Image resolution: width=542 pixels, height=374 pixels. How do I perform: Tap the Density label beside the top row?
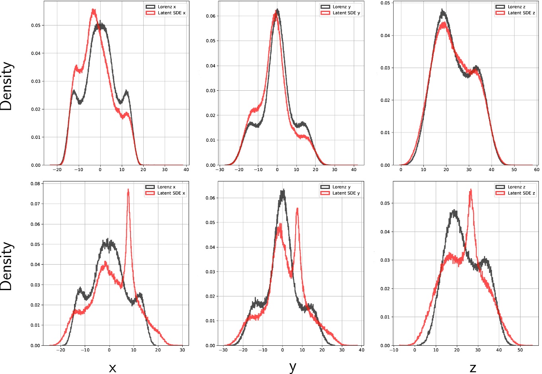click(x=7, y=86)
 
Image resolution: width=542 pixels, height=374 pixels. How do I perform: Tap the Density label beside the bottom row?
click(x=7, y=266)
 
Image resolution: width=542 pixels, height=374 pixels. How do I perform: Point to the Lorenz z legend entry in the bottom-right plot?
click(x=516, y=187)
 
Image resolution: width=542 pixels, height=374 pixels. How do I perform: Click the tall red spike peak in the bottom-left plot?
click(x=128, y=190)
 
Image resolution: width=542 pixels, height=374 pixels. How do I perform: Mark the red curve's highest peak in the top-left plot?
click(x=94, y=10)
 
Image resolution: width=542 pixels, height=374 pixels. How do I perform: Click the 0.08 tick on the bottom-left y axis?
click(x=35, y=184)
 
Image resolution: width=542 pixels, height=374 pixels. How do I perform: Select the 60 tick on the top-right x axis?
click(x=536, y=169)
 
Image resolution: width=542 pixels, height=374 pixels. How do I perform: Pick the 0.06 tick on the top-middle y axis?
click(x=211, y=16)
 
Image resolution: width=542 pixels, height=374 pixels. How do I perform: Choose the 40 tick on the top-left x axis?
click(x=182, y=169)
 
